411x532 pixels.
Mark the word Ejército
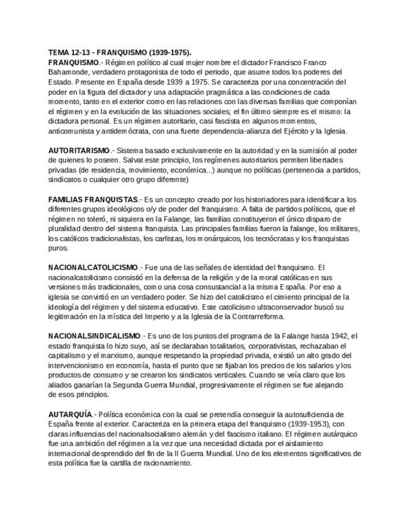299,131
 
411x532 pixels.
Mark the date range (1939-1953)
311,424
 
